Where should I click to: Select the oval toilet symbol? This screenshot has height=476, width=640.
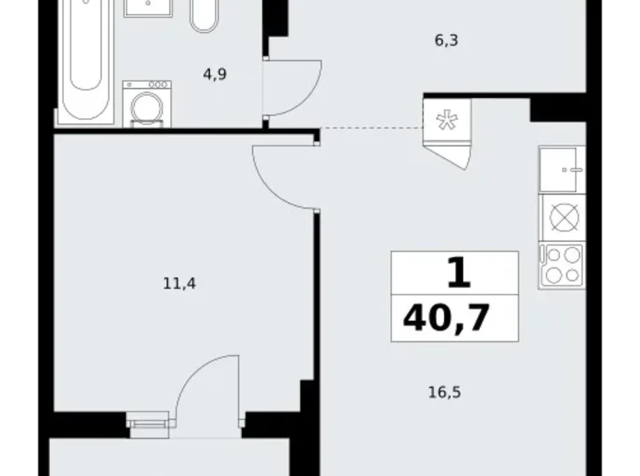tap(204, 14)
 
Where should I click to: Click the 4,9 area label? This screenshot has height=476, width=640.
tap(215, 74)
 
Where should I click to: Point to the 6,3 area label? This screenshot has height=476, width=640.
tap(446, 38)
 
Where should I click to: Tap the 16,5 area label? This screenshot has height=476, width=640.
tap(446, 392)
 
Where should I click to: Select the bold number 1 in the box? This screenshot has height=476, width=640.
tap(458, 272)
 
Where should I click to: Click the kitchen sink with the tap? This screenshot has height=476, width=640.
tap(562, 170)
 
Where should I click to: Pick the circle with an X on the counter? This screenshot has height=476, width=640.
tap(565, 217)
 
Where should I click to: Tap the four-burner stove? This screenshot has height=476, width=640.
tap(562, 265)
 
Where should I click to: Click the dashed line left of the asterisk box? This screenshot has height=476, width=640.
tap(369, 128)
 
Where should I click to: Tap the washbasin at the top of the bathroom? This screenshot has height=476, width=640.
tap(149, 7)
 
